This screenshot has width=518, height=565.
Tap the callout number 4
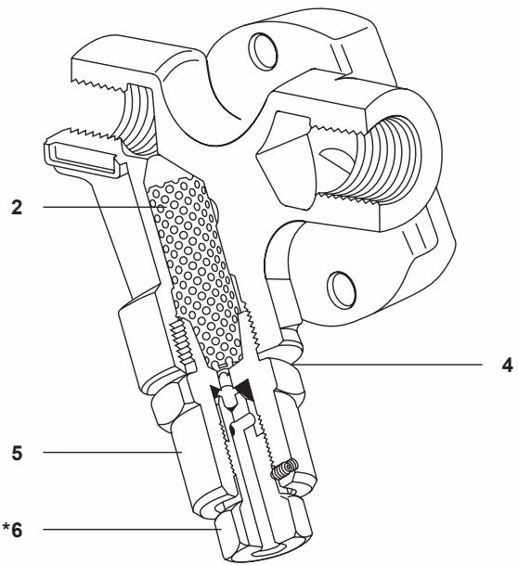pyautogui.click(x=507, y=364)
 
